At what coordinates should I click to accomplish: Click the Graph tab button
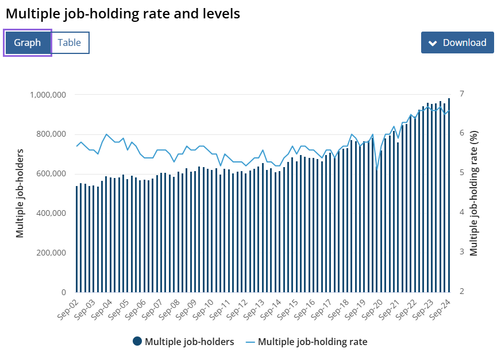coord(28,42)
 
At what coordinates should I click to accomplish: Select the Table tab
coord(70,42)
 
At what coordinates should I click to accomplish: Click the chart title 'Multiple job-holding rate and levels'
coord(123,14)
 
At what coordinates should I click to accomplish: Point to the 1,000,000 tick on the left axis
coord(48,95)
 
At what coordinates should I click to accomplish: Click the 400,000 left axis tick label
coord(52,214)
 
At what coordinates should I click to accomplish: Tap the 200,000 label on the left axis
coord(52,253)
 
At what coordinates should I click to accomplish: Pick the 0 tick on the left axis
coord(64,292)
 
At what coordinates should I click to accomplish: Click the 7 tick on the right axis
coord(461,94)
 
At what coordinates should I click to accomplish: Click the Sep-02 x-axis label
coord(67,310)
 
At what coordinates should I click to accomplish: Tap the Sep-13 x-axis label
coord(255,310)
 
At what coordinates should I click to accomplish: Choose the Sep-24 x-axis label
coord(441,310)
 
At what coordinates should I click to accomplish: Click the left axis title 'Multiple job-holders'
coord(20,193)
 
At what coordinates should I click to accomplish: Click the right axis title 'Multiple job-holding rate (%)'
coord(474,193)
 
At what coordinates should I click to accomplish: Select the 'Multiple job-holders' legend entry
coord(183,342)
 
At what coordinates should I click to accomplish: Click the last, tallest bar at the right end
coord(449,195)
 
